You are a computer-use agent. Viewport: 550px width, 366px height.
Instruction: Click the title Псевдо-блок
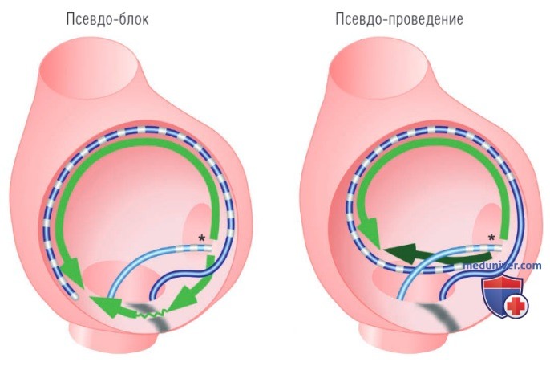[x=107, y=18]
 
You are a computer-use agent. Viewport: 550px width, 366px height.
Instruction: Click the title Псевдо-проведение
[x=399, y=18]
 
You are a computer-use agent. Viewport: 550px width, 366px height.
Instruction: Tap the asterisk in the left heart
[x=202, y=238]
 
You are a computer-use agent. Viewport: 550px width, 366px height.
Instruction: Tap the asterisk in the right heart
[x=491, y=238]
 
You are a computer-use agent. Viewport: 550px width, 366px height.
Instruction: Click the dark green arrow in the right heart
[x=435, y=254]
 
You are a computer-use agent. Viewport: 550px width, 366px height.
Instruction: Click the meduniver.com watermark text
[x=502, y=266]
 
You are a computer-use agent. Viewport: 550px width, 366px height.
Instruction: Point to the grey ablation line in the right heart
[x=440, y=319]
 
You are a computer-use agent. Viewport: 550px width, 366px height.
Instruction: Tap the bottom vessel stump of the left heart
[x=113, y=336]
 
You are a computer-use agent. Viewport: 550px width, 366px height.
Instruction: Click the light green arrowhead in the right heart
[x=372, y=233]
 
